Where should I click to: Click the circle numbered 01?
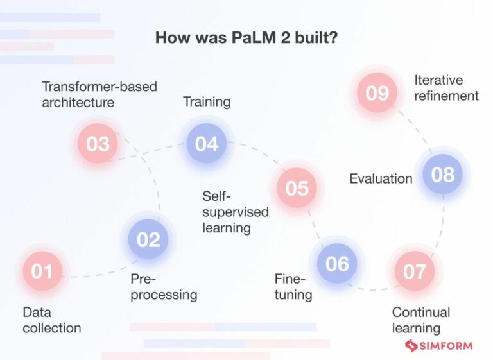pos(42,271)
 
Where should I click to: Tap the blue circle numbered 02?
pos(148,239)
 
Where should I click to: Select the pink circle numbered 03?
pos(98,143)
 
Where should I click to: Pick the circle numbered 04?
pos(207,143)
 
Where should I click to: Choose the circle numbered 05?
pos(297,188)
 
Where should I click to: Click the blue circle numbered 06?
pos(337,264)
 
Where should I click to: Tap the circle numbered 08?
pos(442,174)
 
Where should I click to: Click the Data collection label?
pos(51,320)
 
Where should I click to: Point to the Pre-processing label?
pos(164,287)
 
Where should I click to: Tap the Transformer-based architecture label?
pos(99,94)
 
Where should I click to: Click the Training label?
pos(207,102)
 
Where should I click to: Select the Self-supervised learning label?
pos(235,212)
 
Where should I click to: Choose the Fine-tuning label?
pos(293,287)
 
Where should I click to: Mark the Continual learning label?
pos(421,320)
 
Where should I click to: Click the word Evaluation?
pos(381,178)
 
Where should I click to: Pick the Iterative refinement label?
pos(447,88)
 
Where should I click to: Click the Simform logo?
pos(438,346)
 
